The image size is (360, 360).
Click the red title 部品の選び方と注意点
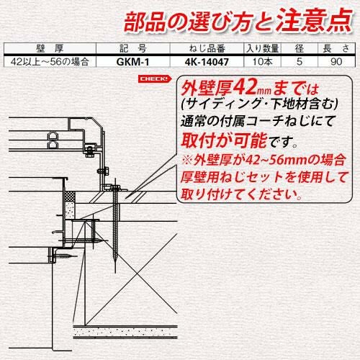point(238,21)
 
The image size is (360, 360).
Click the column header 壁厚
point(50,48)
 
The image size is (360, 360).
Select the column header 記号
point(133,48)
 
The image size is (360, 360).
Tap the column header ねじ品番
point(207,48)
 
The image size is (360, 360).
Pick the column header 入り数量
point(262,48)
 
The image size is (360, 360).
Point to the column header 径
point(300,48)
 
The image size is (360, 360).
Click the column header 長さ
point(336,48)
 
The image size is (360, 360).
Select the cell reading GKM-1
point(132,62)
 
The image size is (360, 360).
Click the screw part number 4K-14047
point(207,62)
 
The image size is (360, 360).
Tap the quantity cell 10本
point(262,62)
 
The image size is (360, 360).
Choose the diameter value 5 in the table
point(300,62)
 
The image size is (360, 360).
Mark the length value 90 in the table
point(336,62)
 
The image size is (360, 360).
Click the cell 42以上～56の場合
point(50,62)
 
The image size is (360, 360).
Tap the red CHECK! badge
point(155,79)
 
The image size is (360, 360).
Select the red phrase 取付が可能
point(224,140)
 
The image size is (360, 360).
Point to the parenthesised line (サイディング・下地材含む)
point(260,104)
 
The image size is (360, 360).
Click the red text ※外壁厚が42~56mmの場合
point(264,160)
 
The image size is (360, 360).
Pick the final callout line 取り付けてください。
point(241,194)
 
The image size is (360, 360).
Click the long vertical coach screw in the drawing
point(115,225)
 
